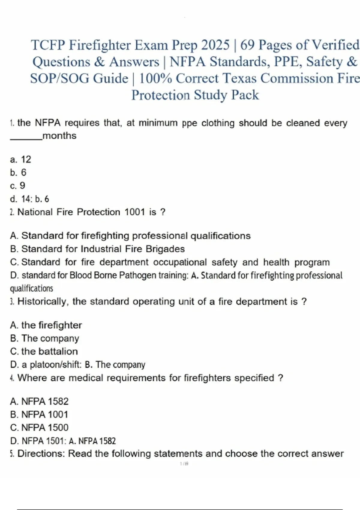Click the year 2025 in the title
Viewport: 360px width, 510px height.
215,45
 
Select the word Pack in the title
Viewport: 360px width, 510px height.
245,95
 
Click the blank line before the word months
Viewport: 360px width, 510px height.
26,138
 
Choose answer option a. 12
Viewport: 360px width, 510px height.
20,159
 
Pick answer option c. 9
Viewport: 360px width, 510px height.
18,186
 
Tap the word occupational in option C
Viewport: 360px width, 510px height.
180,262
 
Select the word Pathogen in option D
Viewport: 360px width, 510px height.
138,275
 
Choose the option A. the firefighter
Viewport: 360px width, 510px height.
46,325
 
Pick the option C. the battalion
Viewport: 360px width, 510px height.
44,351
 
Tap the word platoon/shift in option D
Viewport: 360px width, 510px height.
55,365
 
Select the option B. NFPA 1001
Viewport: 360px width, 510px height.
39,415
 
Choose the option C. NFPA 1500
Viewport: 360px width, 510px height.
39,427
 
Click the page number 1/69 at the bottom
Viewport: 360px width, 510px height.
184,464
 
